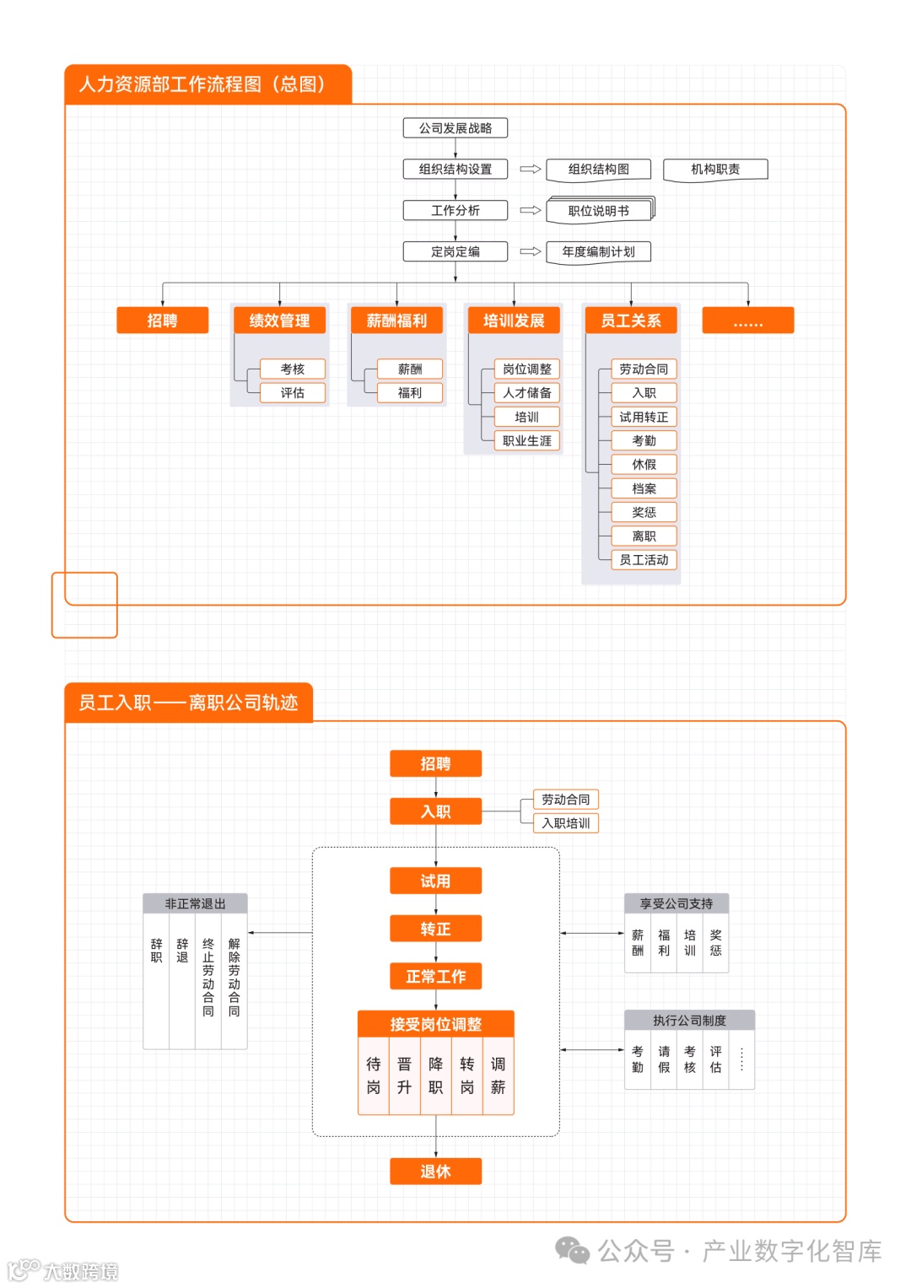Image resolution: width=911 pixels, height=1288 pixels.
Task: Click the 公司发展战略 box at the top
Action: coord(455,128)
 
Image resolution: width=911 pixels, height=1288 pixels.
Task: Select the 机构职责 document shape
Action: coord(715,170)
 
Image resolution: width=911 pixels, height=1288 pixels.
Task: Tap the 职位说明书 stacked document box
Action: coord(599,211)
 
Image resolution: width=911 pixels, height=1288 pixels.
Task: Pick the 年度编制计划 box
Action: coord(599,251)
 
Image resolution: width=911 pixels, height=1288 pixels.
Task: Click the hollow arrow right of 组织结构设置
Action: coord(530,170)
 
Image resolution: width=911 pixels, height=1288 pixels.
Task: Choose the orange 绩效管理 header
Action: coord(279,321)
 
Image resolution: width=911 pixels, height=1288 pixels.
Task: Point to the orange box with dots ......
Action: coord(747,321)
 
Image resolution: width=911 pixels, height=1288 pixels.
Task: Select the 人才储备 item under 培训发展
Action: coord(527,393)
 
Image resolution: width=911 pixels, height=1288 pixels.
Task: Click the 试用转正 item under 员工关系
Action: coord(644,417)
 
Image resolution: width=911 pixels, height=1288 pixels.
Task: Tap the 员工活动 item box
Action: coord(644,560)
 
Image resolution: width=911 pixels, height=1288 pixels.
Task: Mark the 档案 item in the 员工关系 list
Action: coord(644,488)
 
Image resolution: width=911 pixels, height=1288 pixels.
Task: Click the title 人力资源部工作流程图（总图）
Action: coord(202,84)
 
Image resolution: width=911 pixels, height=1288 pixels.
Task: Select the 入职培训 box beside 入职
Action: coord(566,823)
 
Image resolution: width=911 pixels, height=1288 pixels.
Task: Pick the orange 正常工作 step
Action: coord(435,977)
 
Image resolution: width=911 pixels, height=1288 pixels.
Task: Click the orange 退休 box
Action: coord(435,1172)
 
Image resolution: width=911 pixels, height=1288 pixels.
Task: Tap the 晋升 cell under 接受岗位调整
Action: coord(405,1075)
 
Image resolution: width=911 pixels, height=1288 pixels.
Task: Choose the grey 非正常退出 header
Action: coord(195,903)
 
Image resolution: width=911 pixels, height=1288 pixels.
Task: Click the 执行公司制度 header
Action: coord(689,1021)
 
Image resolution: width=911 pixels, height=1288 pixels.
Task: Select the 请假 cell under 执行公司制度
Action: coord(664,1059)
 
